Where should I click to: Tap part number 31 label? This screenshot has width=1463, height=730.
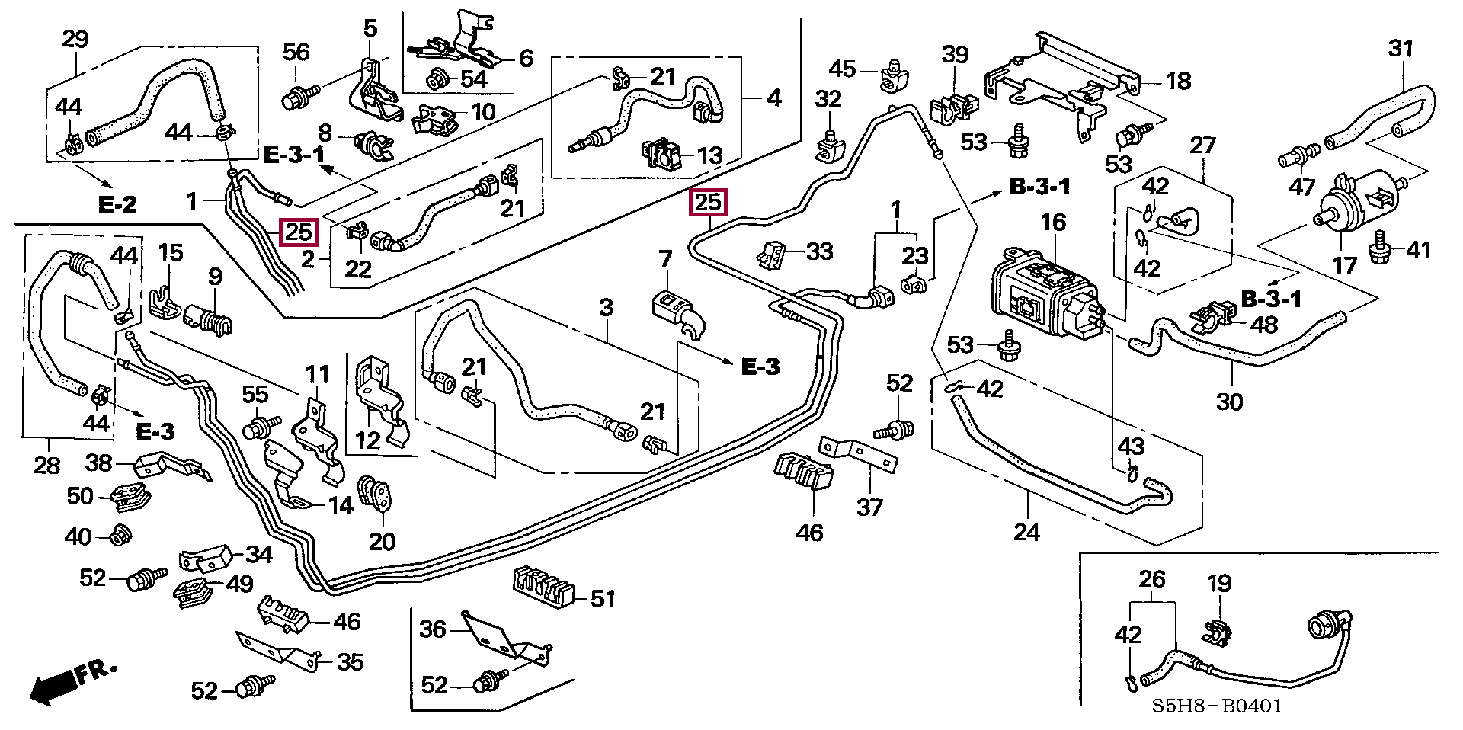(x=1401, y=49)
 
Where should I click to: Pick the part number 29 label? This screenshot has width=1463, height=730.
(x=75, y=39)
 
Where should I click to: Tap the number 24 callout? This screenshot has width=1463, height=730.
(x=1026, y=531)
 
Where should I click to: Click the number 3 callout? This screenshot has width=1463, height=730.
(x=606, y=308)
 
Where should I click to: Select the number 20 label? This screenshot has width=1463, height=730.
(x=382, y=542)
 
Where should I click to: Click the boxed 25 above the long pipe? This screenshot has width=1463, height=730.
(x=708, y=203)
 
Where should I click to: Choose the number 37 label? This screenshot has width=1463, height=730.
(x=869, y=507)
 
